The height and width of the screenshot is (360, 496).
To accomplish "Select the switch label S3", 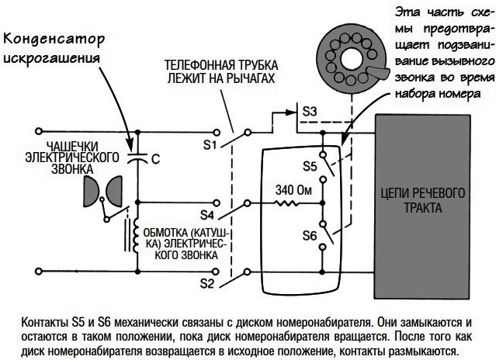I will (309, 111).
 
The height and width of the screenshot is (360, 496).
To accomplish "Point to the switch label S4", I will (208, 214).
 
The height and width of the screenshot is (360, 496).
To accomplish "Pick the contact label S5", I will (309, 165).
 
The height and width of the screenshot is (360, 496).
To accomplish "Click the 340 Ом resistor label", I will (293, 189).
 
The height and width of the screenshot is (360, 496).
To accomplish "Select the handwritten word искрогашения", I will (58, 60).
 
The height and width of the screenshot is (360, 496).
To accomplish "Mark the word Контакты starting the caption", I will (47, 321).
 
